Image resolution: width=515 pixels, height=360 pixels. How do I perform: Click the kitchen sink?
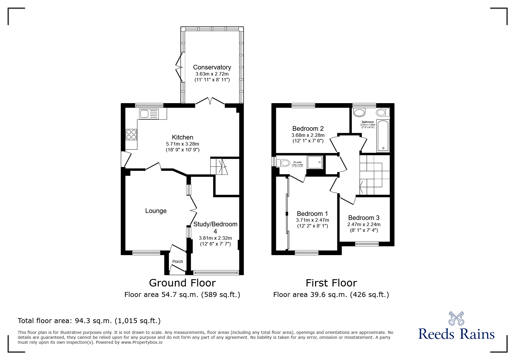[149, 114]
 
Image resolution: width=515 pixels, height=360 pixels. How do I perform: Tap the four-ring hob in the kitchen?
[131, 134]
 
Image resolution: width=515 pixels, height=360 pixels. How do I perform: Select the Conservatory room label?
[212, 67]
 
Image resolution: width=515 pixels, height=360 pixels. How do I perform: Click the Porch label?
[178, 262]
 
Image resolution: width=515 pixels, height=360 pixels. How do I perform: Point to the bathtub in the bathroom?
[383, 136]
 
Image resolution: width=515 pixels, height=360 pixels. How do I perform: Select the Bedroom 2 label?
[308, 128]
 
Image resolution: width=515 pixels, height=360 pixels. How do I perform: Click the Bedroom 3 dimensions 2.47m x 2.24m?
[364, 224]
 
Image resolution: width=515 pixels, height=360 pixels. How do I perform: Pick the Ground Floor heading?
[182, 283]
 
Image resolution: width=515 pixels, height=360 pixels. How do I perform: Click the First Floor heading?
[331, 283]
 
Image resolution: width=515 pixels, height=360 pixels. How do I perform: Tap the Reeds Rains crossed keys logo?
[456, 318]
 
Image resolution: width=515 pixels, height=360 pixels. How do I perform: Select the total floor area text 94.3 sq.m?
[89, 321]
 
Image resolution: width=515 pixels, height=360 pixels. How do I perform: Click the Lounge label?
[156, 211]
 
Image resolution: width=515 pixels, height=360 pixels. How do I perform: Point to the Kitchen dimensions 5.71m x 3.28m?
[182, 144]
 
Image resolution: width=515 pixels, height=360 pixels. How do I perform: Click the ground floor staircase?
[219, 166]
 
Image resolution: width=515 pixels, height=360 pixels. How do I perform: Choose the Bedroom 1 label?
[312, 214]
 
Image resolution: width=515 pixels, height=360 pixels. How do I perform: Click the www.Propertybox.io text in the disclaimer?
[142, 342]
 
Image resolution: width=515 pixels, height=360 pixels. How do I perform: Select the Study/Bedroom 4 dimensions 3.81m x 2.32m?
[215, 238]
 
